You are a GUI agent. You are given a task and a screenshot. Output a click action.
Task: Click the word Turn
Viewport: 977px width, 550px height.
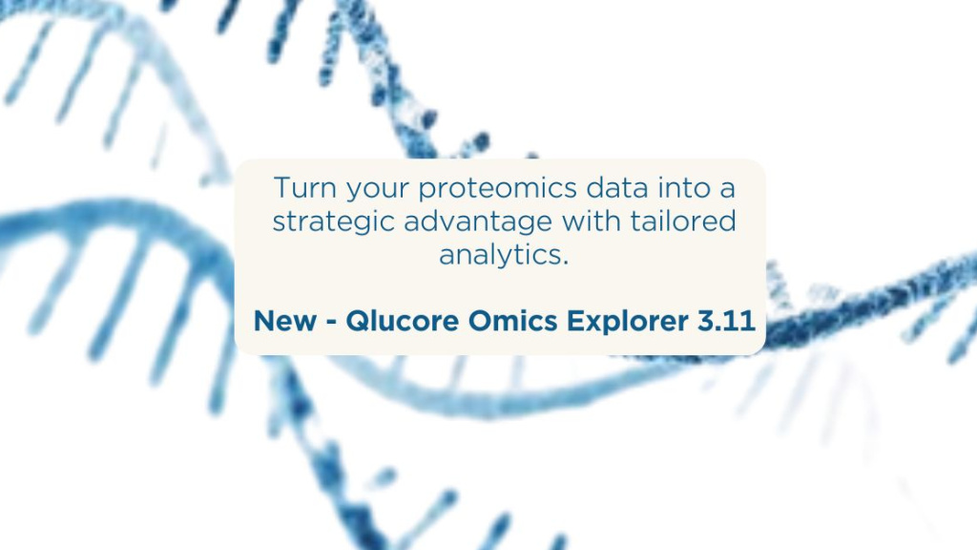click(x=301, y=187)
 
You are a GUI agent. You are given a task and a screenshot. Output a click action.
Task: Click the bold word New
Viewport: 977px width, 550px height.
click(x=281, y=322)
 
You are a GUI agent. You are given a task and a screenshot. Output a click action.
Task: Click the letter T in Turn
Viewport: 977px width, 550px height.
click(x=281, y=187)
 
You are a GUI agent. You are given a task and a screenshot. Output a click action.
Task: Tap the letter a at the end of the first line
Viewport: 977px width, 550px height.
click(x=730, y=189)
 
